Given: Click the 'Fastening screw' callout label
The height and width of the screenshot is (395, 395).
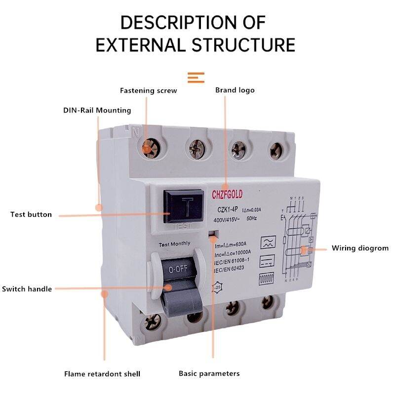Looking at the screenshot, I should point(148,91).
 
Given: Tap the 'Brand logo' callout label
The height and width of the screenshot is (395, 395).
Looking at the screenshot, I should point(235,90).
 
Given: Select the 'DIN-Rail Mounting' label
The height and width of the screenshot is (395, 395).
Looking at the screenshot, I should point(97,110).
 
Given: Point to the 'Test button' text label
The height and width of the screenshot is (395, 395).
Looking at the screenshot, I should point(31,215).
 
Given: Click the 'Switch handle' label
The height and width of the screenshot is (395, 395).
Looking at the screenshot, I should point(27,289).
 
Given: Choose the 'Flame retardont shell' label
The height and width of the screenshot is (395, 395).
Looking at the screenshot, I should point(102,374).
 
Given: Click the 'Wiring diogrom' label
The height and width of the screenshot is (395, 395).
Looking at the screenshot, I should point(360,248).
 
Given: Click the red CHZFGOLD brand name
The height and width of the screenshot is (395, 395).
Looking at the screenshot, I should point(234,193).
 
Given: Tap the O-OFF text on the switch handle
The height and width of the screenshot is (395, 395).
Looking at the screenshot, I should point(177,270).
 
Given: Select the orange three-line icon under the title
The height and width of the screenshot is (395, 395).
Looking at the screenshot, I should point(196,78).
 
